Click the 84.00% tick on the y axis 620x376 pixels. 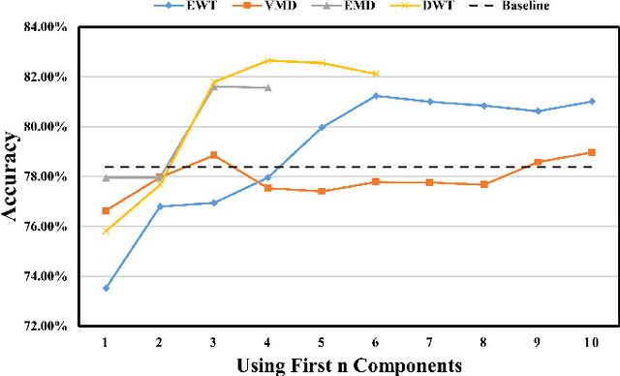click(42, 26)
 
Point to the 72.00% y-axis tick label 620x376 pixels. click(42, 327)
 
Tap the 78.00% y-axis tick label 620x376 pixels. click(42, 176)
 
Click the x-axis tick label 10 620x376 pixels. click(591, 342)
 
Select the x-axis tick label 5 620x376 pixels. click(322, 342)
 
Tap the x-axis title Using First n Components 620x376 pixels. click(349, 364)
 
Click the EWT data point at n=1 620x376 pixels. click(106, 288)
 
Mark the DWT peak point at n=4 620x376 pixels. click(267, 60)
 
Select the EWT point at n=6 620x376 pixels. click(376, 96)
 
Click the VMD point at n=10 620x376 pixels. click(591, 152)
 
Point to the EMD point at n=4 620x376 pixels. click(267, 87)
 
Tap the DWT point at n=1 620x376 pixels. click(106, 231)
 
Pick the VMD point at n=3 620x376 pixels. click(213, 155)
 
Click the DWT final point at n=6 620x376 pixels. click(376, 74)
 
